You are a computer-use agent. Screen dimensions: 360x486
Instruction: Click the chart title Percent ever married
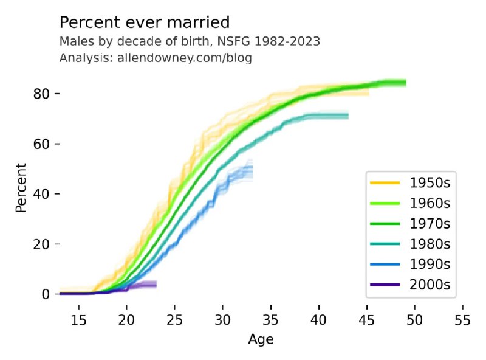(145, 23)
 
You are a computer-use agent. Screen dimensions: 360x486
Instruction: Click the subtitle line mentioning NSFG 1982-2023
(190, 42)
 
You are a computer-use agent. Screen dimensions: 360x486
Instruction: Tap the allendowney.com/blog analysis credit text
(156, 58)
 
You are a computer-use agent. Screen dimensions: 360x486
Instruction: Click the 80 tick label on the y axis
(42, 94)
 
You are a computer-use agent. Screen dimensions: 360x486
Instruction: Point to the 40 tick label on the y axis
(42, 194)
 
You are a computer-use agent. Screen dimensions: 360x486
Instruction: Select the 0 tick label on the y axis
(46, 294)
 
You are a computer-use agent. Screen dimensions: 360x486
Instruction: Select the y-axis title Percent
(22, 187)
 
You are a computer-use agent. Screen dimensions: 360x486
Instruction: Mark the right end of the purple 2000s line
(156, 284)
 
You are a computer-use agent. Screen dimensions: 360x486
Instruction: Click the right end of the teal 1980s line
(348, 116)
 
